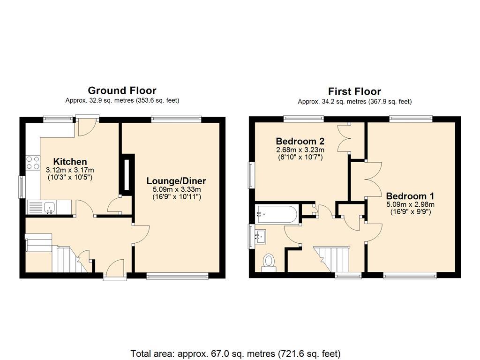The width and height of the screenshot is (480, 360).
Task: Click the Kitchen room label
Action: (x=70, y=162)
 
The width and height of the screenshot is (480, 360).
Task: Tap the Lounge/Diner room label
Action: (x=176, y=181)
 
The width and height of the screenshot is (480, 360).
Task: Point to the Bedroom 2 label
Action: (x=300, y=141)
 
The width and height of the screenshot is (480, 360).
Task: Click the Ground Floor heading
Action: (x=122, y=90)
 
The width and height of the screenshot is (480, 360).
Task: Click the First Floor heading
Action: (x=354, y=91)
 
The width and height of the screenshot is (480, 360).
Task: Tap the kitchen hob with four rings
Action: (x=33, y=163)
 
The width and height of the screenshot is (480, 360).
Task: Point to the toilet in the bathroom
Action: (x=269, y=261)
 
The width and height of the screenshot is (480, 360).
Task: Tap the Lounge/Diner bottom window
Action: (x=177, y=277)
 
